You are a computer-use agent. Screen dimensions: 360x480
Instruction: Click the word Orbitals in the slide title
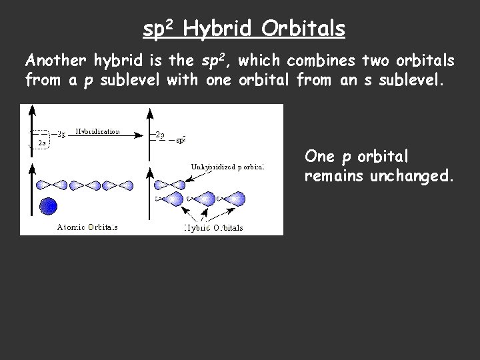(303, 29)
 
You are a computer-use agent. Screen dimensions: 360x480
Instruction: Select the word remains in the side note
(328, 178)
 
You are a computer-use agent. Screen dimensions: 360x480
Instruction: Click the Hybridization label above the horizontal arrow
(97, 132)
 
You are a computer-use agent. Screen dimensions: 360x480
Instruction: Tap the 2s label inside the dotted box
(41, 142)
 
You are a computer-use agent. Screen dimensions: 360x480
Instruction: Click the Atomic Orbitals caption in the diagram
(87, 227)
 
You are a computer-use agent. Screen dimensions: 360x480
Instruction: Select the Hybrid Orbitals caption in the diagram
(214, 227)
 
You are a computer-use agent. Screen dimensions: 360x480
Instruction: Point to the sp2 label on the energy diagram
(180, 139)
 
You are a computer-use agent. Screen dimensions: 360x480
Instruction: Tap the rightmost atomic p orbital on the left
(119, 185)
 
